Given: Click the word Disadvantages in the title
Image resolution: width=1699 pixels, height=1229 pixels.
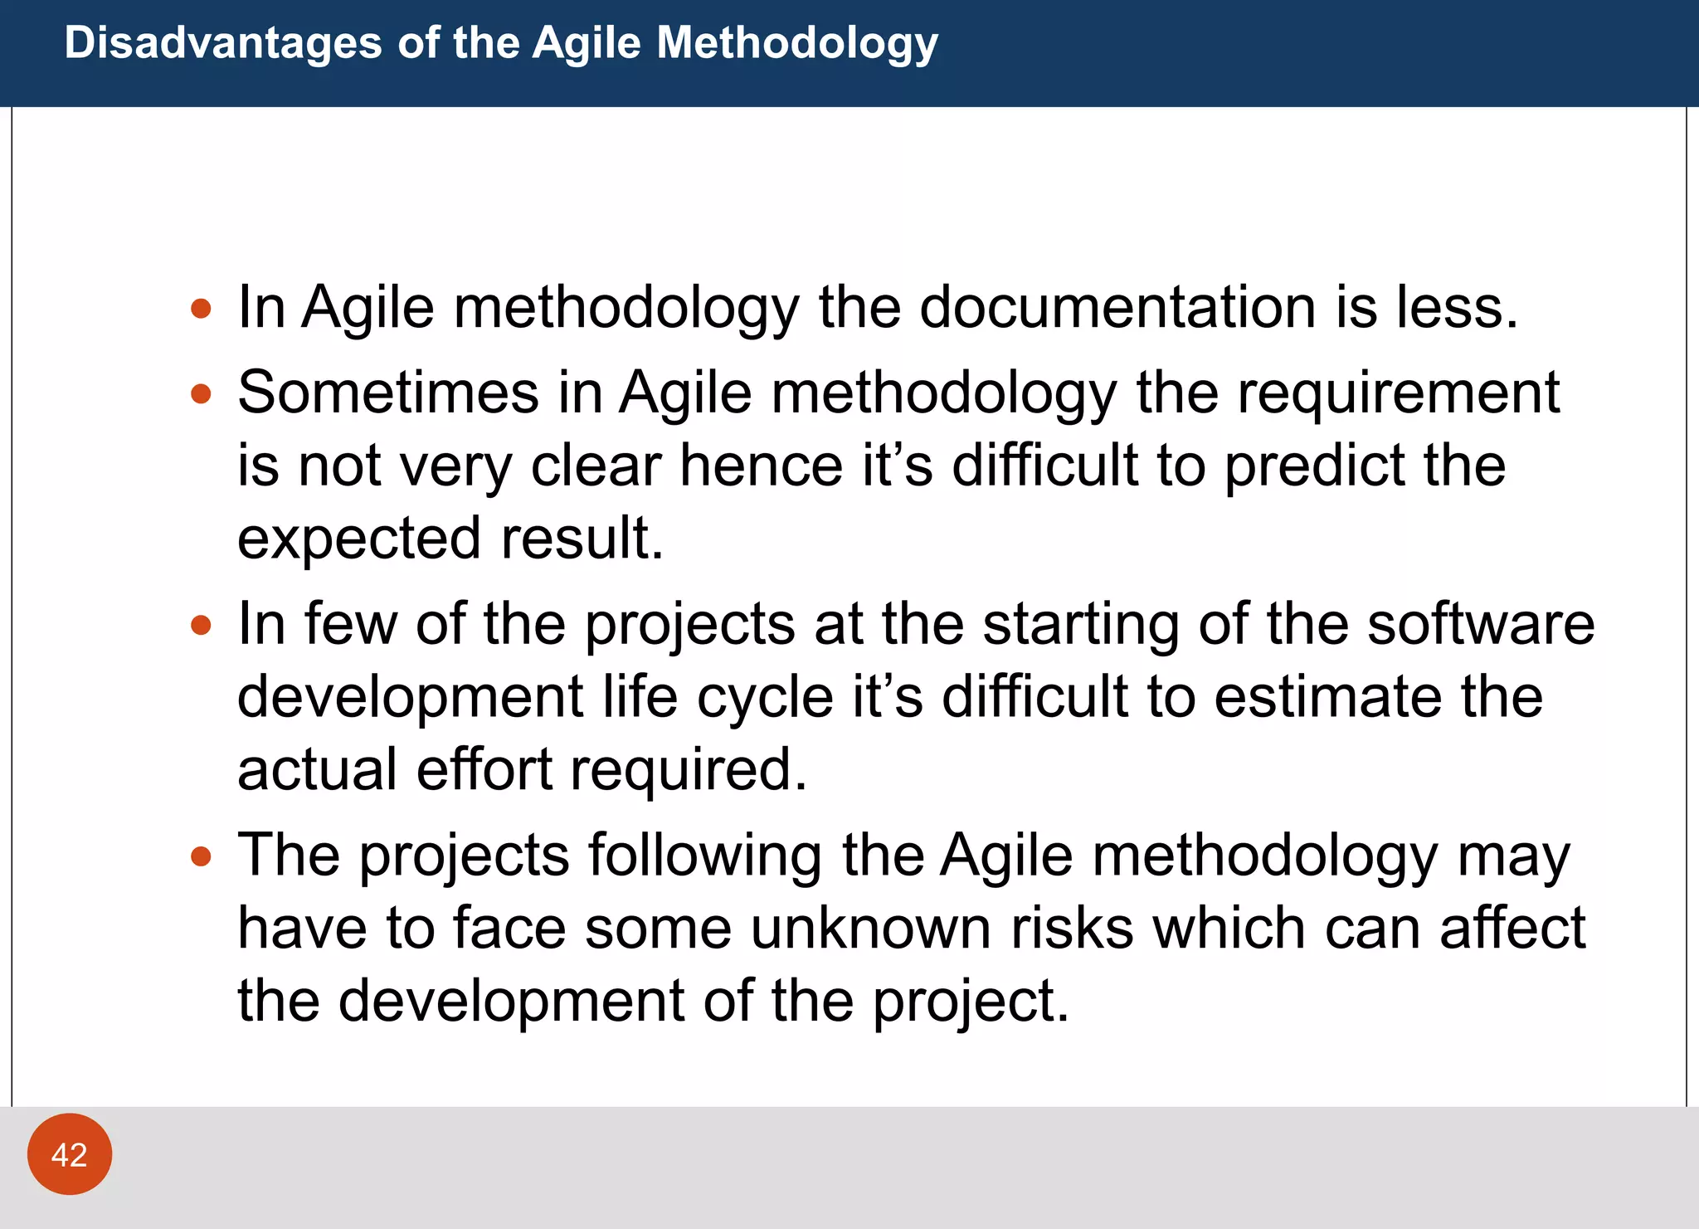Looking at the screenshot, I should (222, 42).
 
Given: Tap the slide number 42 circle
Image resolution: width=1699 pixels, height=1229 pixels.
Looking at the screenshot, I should (70, 1154).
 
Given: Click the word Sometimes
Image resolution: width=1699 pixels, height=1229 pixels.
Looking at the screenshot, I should (387, 393).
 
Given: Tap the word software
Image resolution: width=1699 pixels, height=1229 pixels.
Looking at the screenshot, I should (1480, 624).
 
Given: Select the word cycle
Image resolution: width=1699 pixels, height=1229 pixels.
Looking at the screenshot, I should (764, 697).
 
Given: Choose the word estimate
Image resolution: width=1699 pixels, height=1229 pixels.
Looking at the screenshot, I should (1327, 697).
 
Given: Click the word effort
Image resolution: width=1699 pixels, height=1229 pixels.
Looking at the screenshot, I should (484, 770).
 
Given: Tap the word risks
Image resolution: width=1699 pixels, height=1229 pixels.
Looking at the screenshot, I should (1072, 928).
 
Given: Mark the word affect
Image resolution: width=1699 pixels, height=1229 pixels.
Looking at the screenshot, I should (1512, 928).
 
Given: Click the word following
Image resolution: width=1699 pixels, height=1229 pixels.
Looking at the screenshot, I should (704, 856).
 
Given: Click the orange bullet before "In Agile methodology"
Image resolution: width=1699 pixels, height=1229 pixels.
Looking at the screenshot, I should (201, 310).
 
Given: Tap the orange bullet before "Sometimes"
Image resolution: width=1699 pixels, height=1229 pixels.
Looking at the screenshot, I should (201, 393).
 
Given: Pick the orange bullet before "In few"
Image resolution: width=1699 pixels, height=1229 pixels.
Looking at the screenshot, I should (201, 625).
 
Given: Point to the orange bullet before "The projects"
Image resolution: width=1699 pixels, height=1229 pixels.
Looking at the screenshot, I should (201, 856).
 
